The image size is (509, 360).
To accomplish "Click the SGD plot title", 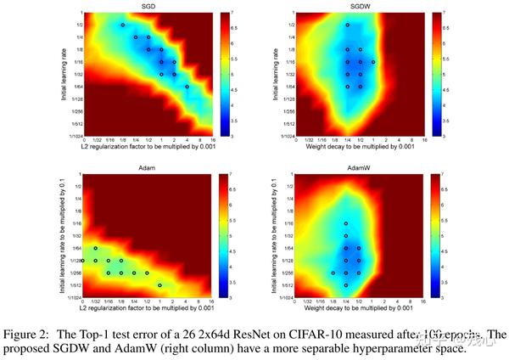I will [148, 6].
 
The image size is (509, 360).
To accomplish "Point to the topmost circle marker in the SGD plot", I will [122, 25].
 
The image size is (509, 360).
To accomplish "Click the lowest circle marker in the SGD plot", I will [187, 86].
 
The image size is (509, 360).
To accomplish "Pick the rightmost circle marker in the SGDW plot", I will [372, 62].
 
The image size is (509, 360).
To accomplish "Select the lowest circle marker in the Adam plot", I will [160, 285].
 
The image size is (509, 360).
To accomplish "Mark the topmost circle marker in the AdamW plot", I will [346, 224].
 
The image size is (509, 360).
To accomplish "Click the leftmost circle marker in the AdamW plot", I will [333, 273].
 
